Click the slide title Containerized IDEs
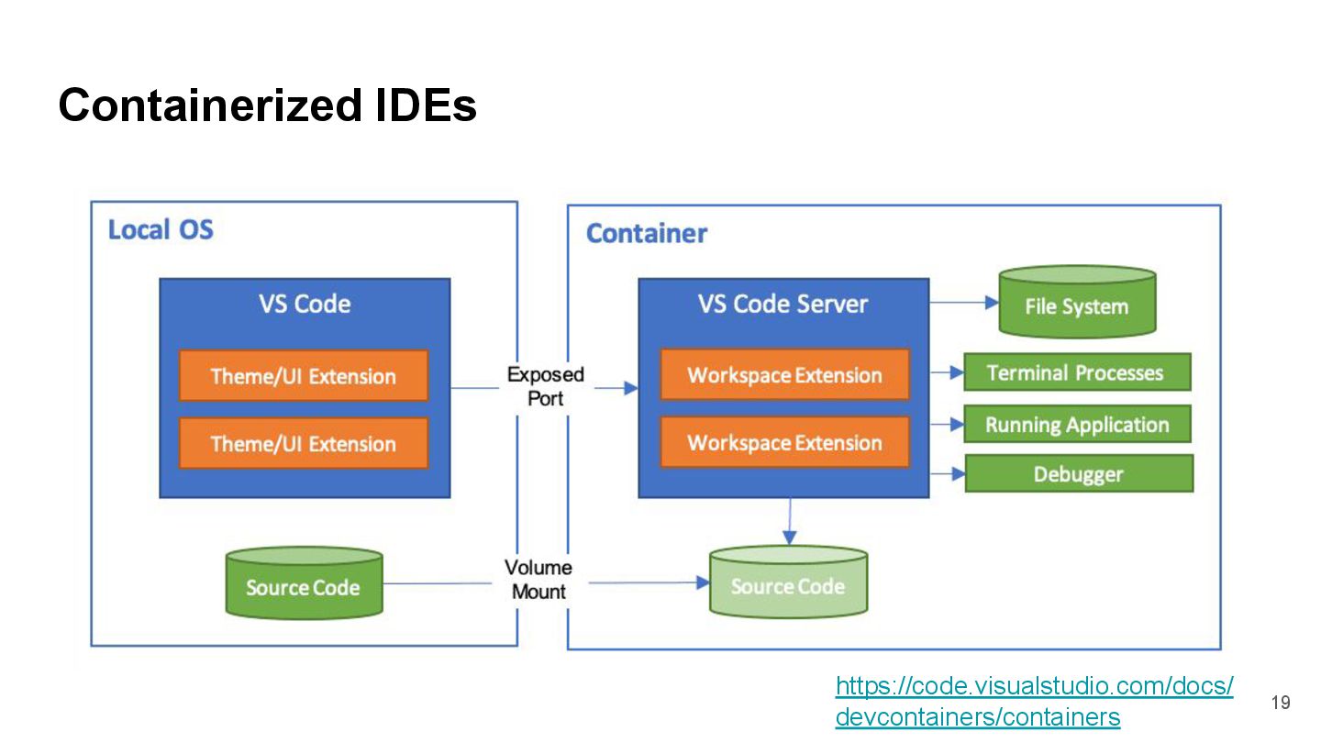pyautogui.click(x=267, y=105)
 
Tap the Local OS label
pyautogui.click(x=161, y=229)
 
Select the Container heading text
pyautogui.click(x=647, y=234)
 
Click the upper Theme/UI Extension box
pyautogui.click(x=303, y=376)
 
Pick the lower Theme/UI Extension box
pyautogui.click(x=303, y=444)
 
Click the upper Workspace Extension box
pyautogui.click(x=784, y=375)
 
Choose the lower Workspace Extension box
pyautogui.click(x=784, y=443)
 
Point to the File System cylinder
pyautogui.click(x=1076, y=303)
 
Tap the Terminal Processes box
pyautogui.click(x=1076, y=372)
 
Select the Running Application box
pyautogui.click(x=1077, y=425)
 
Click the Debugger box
pyautogui.click(x=1078, y=474)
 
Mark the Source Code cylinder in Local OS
pyautogui.click(x=304, y=584)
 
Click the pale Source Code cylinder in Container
pyautogui.click(x=788, y=583)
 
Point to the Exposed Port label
pyautogui.click(x=545, y=386)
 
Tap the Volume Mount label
pyautogui.click(x=538, y=580)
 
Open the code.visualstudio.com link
pyautogui.click(x=1033, y=701)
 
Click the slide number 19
pyautogui.click(x=1281, y=704)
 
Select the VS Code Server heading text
pyautogui.click(x=783, y=305)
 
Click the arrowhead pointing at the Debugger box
pyautogui.click(x=959, y=474)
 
